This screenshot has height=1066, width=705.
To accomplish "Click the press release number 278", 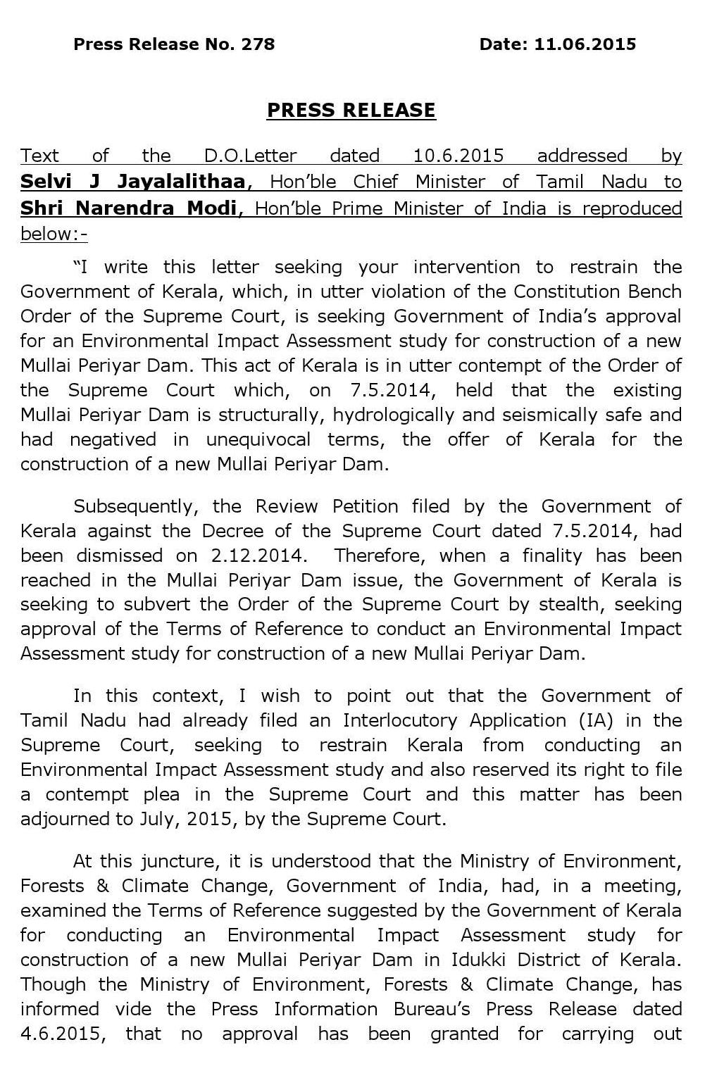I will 258,44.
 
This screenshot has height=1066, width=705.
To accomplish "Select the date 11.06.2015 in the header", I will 585,44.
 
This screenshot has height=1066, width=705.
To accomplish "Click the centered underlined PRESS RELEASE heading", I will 351,110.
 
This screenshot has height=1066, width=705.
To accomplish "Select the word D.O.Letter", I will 251,156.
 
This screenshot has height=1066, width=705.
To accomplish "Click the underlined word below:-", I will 54,234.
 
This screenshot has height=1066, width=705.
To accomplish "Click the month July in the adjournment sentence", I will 168,820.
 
